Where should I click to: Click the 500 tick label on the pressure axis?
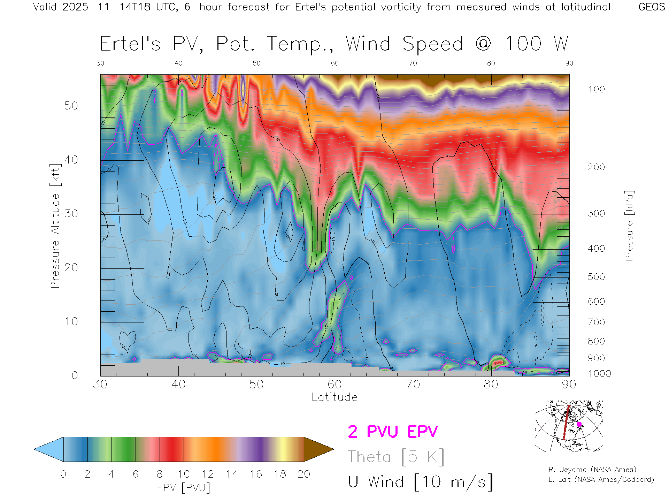pyautogui.click(x=596, y=277)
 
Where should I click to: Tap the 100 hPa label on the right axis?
pyautogui.click(x=596, y=89)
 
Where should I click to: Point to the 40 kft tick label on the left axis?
pyautogui.click(x=71, y=160)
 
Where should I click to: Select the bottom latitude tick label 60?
pyautogui.click(x=334, y=384)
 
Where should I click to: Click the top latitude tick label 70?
pyautogui.click(x=413, y=63)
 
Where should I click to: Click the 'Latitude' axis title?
pyautogui.click(x=334, y=397)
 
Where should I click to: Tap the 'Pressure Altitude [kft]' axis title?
pyautogui.click(x=55, y=226)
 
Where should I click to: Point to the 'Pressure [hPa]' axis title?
pyautogui.click(x=629, y=226)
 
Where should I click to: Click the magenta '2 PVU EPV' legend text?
pyautogui.click(x=393, y=432)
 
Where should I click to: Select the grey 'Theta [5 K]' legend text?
pyautogui.click(x=396, y=457)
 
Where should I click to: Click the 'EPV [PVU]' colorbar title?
pyautogui.click(x=184, y=488)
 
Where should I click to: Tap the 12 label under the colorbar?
pyautogui.click(x=208, y=474)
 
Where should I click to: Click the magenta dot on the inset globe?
pyautogui.click(x=579, y=424)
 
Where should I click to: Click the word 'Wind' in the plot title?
pyautogui.click(x=368, y=44)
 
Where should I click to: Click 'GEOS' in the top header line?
pyautogui.click(x=652, y=7)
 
